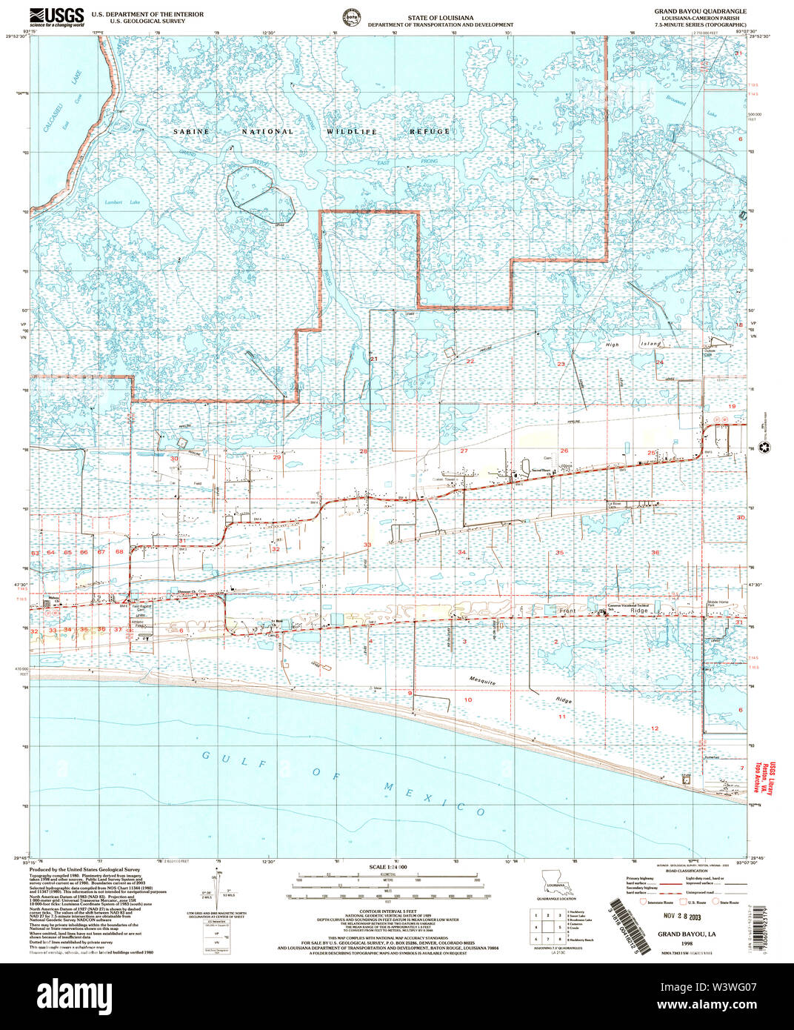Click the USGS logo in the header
tap(56, 17)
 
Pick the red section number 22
tap(470, 362)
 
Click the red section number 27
tap(464, 451)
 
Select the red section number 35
tap(560, 553)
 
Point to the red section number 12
tap(654, 728)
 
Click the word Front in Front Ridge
tap(567, 610)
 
